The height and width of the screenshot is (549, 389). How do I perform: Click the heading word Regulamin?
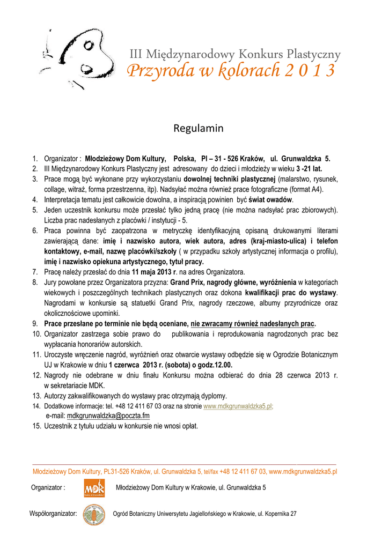pos(198,129)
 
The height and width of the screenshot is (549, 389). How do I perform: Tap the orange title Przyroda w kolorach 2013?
pos(231,70)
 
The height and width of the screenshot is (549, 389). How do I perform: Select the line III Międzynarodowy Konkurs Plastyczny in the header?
pos(235,54)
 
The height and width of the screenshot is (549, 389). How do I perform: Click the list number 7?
pos(34,272)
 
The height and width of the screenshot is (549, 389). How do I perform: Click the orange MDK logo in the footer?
pos(94,488)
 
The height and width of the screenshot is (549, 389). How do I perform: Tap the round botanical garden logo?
pos(94,514)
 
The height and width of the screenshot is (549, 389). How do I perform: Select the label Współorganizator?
pos(53,514)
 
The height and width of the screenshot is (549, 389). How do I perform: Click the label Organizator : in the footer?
pos(48,488)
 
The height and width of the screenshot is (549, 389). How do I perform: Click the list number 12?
pos(36,375)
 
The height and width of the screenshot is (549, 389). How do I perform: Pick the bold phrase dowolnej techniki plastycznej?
pos(230,179)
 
